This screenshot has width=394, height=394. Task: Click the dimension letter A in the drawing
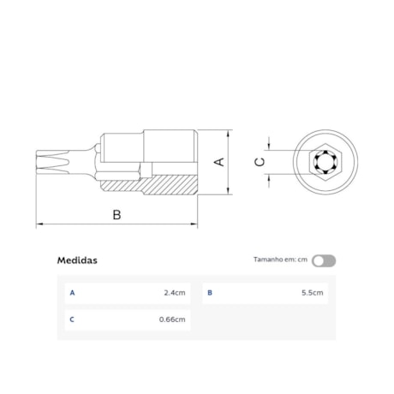pos(219,162)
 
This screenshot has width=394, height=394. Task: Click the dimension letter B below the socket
pos(116,214)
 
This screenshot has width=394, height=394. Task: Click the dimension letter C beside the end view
pos(260,161)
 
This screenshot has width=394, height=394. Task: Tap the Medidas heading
pos(77,260)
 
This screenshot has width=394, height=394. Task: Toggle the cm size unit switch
pos(324,260)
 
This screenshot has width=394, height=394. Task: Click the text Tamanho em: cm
pos(280,260)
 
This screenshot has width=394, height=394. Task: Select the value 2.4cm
pos(174,293)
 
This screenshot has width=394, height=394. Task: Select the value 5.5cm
pos(313,293)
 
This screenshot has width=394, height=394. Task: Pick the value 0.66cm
pos(172,320)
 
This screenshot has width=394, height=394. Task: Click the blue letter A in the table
pos(72,293)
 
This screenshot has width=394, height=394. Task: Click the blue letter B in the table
pos(210,293)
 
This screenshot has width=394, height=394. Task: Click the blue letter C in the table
pos(72,320)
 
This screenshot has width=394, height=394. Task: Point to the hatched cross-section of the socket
pos(171,183)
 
